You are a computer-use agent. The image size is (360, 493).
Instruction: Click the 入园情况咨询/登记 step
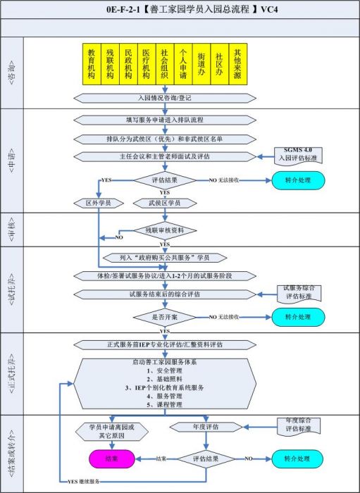coord(164,98)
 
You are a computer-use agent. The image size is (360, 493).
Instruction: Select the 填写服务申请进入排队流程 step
coord(164,120)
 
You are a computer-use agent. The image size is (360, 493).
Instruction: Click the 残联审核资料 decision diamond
coord(164,230)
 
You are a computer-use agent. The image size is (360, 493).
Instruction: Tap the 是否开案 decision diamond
coord(164,317)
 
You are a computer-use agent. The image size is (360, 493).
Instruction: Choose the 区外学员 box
coord(99,203)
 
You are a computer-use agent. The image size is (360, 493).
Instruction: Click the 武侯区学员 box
coord(164,203)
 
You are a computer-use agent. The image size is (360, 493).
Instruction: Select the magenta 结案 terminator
coord(111,458)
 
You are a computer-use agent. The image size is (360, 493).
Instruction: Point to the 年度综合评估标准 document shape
coord(299,427)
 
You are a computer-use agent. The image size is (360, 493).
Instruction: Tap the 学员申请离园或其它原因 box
coord(111,430)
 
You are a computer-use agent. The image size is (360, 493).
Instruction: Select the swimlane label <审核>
coord(11,230)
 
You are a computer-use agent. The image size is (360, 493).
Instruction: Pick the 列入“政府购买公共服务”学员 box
coord(164,257)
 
